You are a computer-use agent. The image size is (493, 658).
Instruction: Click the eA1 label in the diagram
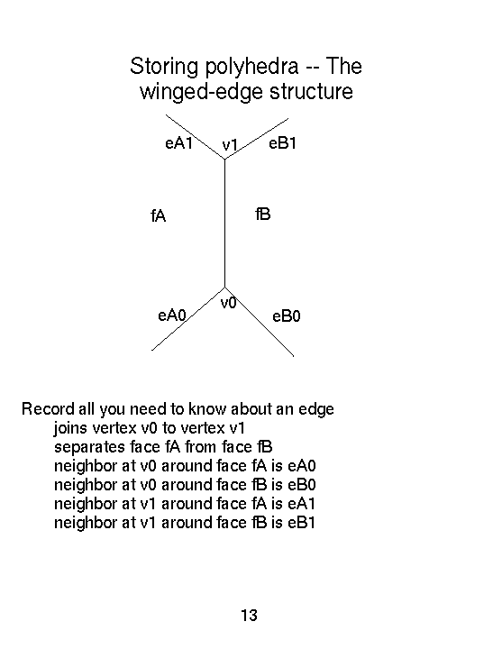tap(178, 143)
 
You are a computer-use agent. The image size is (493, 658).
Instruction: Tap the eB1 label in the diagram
tap(282, 143)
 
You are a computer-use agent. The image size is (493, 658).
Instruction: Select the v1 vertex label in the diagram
tap(230, 145)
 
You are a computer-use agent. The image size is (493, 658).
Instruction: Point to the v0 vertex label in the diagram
tap(228, 303)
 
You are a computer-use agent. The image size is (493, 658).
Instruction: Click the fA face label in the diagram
tap(159, 215)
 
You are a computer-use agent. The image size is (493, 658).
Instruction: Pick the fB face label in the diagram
tap(263, 214)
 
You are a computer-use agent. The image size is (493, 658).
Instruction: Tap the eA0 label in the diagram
tap(171, 315)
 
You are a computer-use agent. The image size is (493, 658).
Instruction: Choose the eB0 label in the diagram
tap(286, 316)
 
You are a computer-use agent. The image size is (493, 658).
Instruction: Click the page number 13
tap(249, 616)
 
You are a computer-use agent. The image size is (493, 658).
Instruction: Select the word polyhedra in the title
tap(251, 67)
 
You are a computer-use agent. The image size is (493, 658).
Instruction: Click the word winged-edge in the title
tap(201, 92)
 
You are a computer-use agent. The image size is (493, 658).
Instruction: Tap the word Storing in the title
tap(164, 67)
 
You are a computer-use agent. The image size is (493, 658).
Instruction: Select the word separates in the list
tap(90, 447)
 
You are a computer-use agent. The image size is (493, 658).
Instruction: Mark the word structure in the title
tap(311, 92)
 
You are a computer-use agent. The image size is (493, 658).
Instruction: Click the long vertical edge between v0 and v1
tap(225, 224)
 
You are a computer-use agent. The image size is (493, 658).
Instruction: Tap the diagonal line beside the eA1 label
tap(195, 137)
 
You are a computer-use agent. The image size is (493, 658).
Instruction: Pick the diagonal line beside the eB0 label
tap(260, 322)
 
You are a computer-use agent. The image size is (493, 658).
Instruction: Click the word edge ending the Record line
tap(316, 409)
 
